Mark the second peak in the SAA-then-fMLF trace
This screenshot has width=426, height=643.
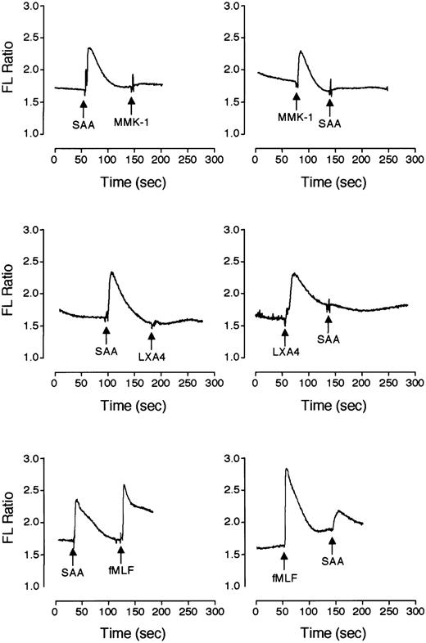[124, 485]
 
